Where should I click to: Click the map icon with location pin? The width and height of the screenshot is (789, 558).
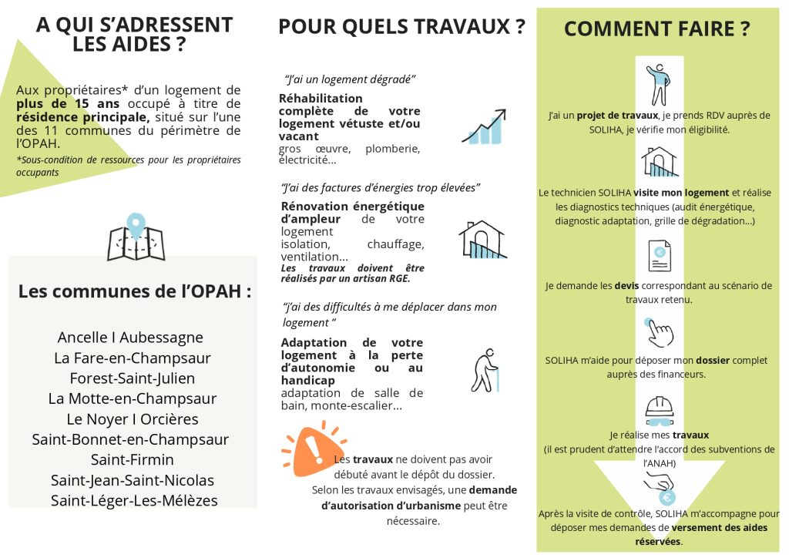pyautogui.click(x=136, y=237)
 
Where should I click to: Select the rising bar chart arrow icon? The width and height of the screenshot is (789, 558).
pyautogui.click(x=485, y=127)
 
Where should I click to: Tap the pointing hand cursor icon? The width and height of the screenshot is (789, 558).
pyautogui.click(x=659, y=332)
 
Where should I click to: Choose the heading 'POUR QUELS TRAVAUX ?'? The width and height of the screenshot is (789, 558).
pyautogui.click(x=401, y=27)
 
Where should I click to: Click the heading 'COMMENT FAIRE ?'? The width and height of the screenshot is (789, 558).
pyautogui.click(x=656, y=29)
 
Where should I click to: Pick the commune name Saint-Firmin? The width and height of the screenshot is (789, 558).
pyautogui.click(x=132, y=460)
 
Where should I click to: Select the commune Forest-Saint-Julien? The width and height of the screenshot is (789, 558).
pyautogui.click(x=132, y=378)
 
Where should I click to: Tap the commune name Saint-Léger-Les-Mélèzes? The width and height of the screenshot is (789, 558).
pyautogui.click(x=134, y=501)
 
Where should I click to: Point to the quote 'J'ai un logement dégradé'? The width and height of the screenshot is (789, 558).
pyautogui.click(x=351, y=79)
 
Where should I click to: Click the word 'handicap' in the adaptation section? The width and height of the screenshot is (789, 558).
pyautogui.click(x=308, y=381)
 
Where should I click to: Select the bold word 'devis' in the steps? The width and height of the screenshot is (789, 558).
pyautogui.click(x=626, y=285)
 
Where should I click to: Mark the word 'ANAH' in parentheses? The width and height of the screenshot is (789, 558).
pyautogui.click(x=659, y=463)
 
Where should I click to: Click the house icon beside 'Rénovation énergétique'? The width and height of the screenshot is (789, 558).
pyautogui.click(x=482, y=239)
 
